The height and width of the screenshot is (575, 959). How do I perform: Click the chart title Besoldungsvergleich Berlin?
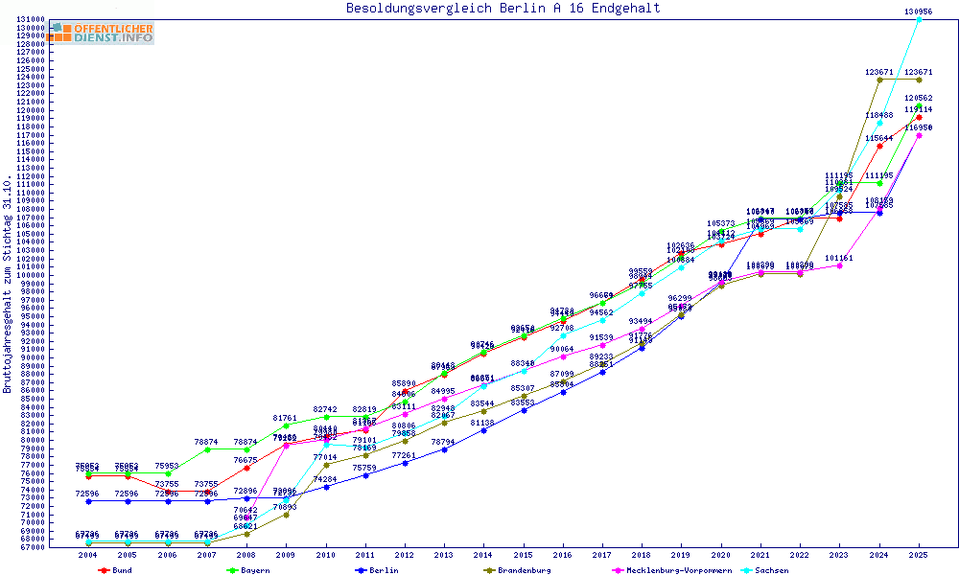pyautogui.click(x=503, y=9)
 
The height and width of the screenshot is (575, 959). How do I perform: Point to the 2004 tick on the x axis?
pyautogui.click(x=88, y=555)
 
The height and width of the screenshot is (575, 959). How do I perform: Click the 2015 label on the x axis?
pyautogui.click(x=524, y=555)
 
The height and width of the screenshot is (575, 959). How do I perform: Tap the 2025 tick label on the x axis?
pyautogui.click(x=919, y=555)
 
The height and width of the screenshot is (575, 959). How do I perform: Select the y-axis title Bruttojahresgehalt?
pyautogui.click(x=8, y=285)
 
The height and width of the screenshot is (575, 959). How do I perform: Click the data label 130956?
pyautogui.click(x=919, y=11)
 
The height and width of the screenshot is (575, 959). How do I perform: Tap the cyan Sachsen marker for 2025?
pyautogui.click(x=919, y=19)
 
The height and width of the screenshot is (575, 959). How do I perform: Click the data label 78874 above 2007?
pyautogui.click(x=207, y=442)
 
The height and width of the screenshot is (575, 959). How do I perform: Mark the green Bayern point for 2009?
pyautogui.click(x=286, y=425)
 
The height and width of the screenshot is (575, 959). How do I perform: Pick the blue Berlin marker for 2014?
pyautogui.click(x=484, y=430)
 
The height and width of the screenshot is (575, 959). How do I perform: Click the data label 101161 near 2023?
pyautogui.click(x=839, y=258)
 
